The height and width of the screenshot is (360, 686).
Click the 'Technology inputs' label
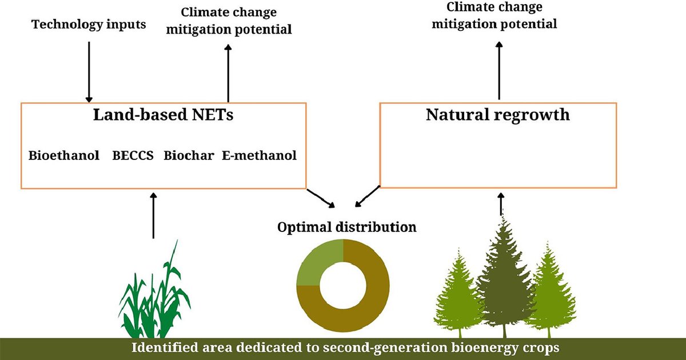(x=89, y=25)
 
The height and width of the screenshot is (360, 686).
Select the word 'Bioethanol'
(x=64, y=155)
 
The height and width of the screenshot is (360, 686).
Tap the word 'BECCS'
(x=133, y=155)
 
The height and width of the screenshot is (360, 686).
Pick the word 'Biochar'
(x=189, y=155)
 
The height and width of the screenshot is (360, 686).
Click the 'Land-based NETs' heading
(x=163, y=115)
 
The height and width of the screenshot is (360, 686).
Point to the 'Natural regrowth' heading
(x=497, y=114)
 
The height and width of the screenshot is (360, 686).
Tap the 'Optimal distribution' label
(x=347, y=227)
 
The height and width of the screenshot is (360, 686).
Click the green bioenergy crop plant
(x=154, y=300)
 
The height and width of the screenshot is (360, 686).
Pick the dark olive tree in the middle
(x=503, y=274)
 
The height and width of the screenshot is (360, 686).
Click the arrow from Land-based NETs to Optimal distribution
(x=321, y=197)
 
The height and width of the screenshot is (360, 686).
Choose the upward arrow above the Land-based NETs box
(x=228, y=73)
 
